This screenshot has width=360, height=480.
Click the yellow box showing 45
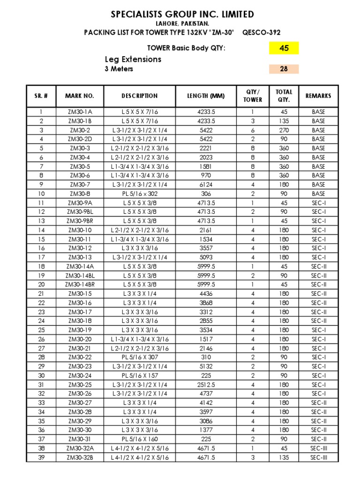pyautogui.click(x=284, y=48)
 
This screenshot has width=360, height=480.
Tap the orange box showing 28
pyautogui.click(x=284, y=69)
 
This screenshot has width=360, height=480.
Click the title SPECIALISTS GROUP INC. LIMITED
pyautogui.click(x=182, y=15)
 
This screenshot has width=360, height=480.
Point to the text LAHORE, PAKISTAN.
pyautogui.click(x=182, y=23)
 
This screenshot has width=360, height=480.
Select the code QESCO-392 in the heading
pyautogui.click(x=262, y=32)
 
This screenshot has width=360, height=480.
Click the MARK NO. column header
pyautogui.click(x=80, y=96)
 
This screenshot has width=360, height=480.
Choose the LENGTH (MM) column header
pyautogui.click(x=206, y=96)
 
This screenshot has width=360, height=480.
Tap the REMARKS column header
pyautogui.click(x=318, y=96)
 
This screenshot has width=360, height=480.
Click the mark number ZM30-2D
pyautogui.click(x=80, y=139)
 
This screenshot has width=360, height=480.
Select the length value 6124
pyautogui.click(x=206, y=185)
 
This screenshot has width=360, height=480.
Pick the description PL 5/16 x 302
pyautogui.click(x=140, y=194)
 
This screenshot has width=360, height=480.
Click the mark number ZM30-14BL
pyautogui.click(x=80, y=275)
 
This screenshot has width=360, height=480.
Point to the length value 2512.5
pyautogui.click(x=206, y=384)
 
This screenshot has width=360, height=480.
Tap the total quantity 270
pyautogui.click(x=284, y=130)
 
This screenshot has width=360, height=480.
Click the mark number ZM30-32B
pyautogui.click(x=80, y=457)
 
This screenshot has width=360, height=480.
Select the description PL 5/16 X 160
pyautogui.click(x=140, y=439)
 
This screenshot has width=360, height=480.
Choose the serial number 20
pyautogui.click(x=41, y=285)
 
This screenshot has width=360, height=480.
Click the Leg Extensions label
pyautogui.click(x=133, y=59)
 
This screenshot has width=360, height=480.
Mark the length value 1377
pyautogui.click(x=206, y=430)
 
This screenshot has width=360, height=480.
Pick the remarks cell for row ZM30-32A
pyautogui.click(x=318, y=448)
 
